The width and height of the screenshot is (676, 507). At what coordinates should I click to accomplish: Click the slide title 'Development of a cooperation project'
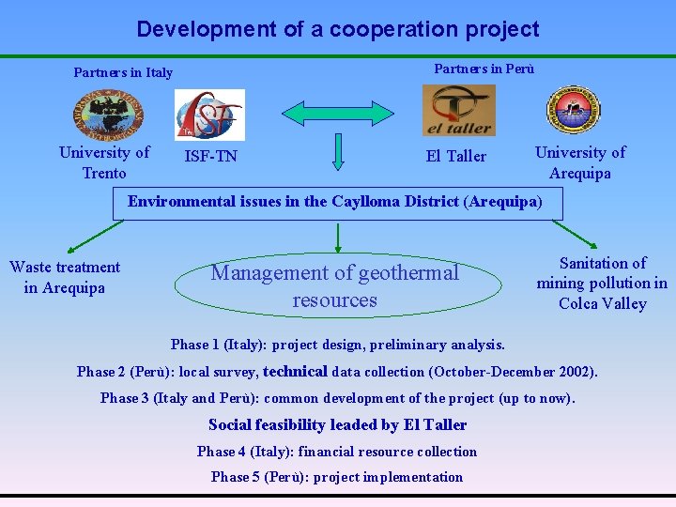point(338,29)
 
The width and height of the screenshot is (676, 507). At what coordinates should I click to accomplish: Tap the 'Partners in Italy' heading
point(123,72)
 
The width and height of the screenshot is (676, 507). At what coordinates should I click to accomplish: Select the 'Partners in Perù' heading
point(484,68)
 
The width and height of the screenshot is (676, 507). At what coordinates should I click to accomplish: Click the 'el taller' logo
point(458,110)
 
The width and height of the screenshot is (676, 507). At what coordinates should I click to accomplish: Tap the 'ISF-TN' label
point(211,157)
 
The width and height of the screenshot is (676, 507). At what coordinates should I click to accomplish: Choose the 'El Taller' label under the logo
point(456,156)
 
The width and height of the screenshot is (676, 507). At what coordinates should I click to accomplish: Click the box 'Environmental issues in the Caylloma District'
point(335,202)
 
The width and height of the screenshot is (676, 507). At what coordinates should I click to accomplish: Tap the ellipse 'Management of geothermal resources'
point(335,286)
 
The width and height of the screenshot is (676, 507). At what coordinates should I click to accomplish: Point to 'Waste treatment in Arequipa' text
point(65,277)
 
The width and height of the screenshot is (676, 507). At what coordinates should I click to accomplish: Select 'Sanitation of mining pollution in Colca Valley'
point(602,283)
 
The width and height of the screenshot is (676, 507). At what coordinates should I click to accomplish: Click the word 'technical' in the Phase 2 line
point(295,371)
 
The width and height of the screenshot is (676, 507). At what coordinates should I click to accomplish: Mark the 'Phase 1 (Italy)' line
point(338,345)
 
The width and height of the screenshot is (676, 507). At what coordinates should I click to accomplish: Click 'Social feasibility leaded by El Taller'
point(337,424)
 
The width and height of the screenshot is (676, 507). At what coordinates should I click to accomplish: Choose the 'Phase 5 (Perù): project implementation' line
point(337,477)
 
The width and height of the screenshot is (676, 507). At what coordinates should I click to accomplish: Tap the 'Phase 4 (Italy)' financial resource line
point(337,452)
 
